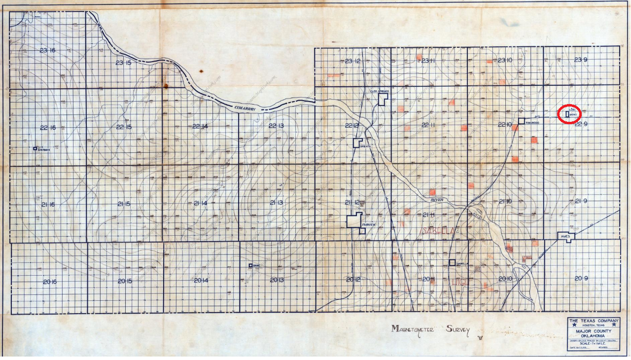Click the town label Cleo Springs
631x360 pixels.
click(x=380, y=91)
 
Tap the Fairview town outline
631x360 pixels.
click(x=354, y=220)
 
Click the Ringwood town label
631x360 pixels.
click(x=533, y=122)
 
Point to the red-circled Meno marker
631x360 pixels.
click(x=569, y=114)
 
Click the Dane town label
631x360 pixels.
click(x=256, y=266)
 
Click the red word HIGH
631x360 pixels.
click(x=459, y=282)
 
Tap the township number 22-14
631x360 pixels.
click(x=200, y=126)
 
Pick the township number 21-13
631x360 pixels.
click(x=276, y=203)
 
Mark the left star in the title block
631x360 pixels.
click(x=572, y=324)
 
